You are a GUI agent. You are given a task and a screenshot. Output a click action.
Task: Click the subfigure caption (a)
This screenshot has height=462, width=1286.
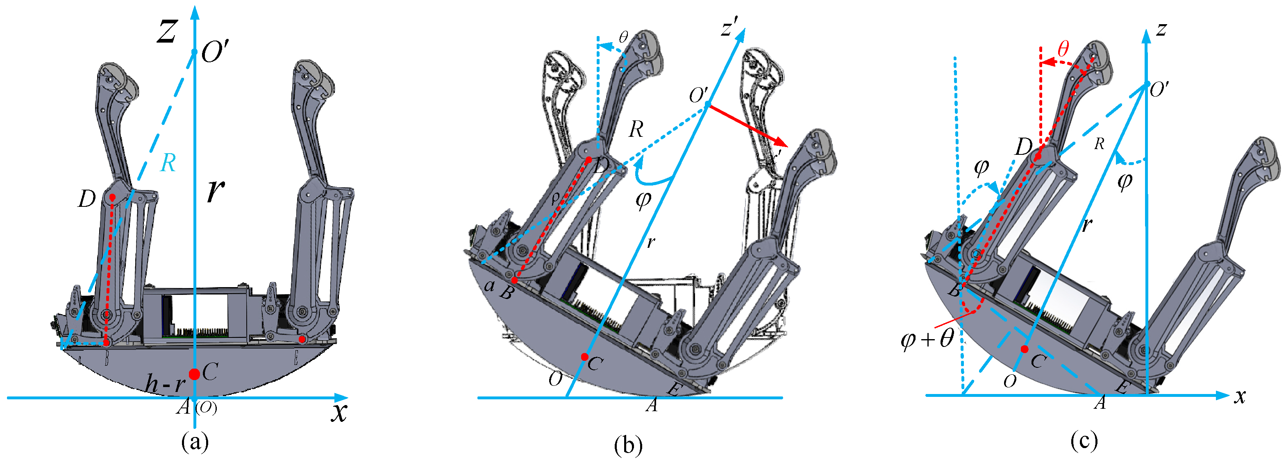[x=195, y=442]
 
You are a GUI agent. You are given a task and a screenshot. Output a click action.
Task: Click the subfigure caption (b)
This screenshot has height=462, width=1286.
[x=628, y=446]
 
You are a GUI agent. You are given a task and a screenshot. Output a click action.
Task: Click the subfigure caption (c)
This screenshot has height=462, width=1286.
[x=1084, y=441]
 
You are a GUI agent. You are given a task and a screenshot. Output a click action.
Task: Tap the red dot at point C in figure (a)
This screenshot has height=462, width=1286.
[x=195, y=374]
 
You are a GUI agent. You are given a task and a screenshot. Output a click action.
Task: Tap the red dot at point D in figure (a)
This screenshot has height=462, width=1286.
[x=112, y=197]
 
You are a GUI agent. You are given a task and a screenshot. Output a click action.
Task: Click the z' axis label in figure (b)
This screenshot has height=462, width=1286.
[x=729, y=28]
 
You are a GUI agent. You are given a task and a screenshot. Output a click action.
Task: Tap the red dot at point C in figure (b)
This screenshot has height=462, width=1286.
[x=584, y=357]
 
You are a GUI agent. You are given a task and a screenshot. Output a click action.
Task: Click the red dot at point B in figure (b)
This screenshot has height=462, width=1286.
[x=514, y=281]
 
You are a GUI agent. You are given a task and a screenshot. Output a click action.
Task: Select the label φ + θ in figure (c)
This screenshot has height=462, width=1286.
[x=927, y=340]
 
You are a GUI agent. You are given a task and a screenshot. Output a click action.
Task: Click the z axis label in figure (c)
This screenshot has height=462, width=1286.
[x=1162, y=29]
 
